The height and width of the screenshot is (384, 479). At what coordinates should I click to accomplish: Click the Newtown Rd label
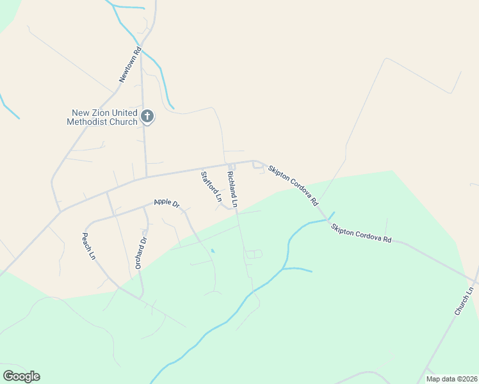(x=129, y=65)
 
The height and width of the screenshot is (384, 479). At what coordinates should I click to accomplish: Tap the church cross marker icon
(x=147, y=116)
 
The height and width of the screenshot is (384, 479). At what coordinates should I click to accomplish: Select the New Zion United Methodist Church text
(x=103, y=117)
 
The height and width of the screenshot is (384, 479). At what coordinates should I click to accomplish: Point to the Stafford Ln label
(x=211, y=187)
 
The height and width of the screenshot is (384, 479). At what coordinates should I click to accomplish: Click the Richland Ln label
(x=232, y=189)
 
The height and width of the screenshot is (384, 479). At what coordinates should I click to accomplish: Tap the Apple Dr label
(x=166, y=203)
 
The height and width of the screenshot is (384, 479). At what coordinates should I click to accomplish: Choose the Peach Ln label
(x=88, y=246)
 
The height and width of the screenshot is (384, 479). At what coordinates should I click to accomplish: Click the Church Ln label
(x=463, y=300)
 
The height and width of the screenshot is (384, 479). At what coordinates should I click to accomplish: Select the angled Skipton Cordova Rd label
(x=293, y=184)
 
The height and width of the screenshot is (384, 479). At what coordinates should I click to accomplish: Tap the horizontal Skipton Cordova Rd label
(x=361, y=233)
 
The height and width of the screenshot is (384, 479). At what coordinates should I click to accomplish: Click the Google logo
(x=21, y=376)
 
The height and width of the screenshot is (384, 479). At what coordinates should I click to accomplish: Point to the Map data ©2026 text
(x=451, y=379)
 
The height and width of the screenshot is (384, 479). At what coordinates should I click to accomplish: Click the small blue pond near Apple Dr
(x=213, y=251)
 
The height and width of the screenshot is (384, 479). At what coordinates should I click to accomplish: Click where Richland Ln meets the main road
(x=229, y=165)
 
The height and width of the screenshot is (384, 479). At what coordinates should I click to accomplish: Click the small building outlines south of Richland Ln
(x=254, y=254)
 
